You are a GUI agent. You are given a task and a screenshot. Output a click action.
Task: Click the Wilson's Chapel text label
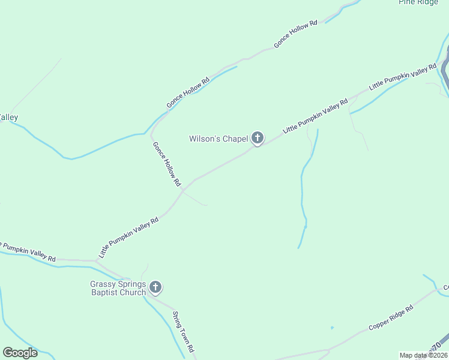[218, 139]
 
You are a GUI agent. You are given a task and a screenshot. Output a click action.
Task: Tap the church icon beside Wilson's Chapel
[257, 139]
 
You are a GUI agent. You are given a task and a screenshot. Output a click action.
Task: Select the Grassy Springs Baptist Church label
[118, 288]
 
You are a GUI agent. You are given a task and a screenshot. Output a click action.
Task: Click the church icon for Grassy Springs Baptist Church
[155, 288]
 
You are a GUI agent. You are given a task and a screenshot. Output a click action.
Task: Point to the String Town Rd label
[184, 331]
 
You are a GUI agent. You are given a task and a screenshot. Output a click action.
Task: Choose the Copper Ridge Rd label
[391, 318]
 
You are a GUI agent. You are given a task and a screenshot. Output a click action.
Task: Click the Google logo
[20, 353]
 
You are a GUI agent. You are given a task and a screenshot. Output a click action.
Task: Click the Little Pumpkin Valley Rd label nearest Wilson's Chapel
[315, 115]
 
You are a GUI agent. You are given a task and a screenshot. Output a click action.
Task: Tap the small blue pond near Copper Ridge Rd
[332, 328]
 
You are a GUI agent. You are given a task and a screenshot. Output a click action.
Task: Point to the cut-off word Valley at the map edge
[8, 118]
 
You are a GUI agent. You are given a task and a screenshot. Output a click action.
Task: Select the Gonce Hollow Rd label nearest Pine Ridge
[295, 34]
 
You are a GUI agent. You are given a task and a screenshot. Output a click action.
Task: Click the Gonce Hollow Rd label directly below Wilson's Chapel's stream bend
[166, 163]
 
